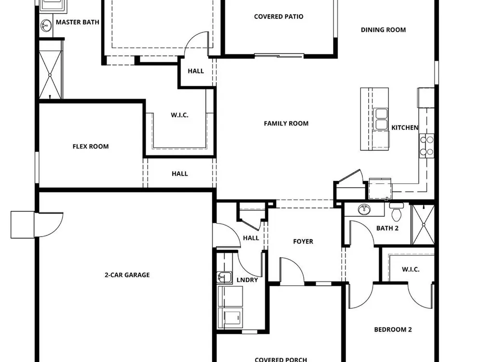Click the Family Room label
[286, 124]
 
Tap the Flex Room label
[91, 147]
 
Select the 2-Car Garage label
[127, 275]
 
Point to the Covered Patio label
[279, 16]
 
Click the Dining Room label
[383, 30]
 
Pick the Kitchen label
[405, 127]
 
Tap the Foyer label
[303, 242]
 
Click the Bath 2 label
[388, 228]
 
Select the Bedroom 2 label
[393, 330]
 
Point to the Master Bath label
[78, 22]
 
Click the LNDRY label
[247, 280]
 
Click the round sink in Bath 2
[364, 209]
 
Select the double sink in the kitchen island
[381, 119]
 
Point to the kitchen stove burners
[427, 146]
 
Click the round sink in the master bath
[46, 26]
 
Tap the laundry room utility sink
[224, 277]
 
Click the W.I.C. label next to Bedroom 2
[411, 270]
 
